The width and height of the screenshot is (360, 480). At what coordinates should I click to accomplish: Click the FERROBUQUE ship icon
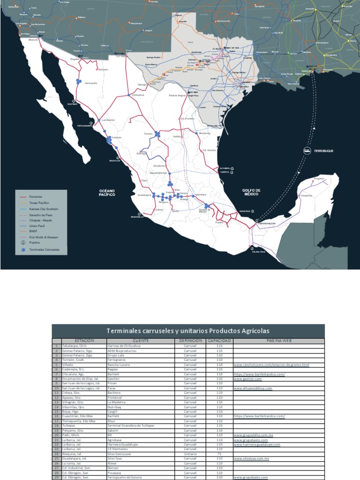[x=306, y=150]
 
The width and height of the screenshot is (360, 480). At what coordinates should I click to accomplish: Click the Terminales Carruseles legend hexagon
[x=23, y=250]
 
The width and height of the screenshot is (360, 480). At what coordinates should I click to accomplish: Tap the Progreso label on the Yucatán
[x=319, y=179]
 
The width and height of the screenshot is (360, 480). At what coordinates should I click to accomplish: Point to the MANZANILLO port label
[x=137, y=217]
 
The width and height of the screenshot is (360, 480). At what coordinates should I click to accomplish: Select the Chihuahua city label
[x=138, y=95]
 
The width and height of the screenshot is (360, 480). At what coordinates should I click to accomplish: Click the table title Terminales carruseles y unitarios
[x=188, y=330]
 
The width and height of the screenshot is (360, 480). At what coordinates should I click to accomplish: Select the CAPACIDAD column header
[x=219, y=340]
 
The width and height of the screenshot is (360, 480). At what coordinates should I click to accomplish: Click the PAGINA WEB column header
[x=278, y=340]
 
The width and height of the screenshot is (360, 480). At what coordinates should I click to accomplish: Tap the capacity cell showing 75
[x=219, y=454]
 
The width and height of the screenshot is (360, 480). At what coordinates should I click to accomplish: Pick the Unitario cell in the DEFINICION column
[x=190, y=454]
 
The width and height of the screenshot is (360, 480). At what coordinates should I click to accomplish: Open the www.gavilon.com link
[x=247, y=379]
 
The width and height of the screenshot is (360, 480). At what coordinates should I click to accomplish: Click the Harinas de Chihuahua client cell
[x=124, y=345]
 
